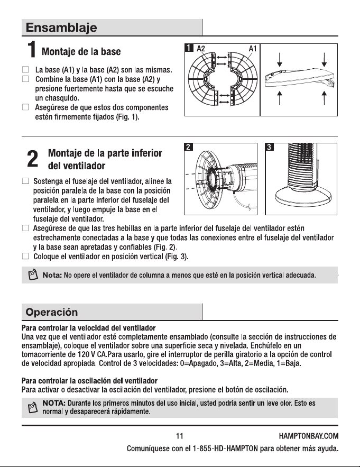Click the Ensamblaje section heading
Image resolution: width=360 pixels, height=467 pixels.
point(61,28)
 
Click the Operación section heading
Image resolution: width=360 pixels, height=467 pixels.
point(52,312)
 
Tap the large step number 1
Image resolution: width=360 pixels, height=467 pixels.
point(32,49)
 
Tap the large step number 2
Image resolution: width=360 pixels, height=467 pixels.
point(32,159)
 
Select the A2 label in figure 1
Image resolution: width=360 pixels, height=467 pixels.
point(201,48)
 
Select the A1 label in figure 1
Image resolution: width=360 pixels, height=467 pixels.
point(253,48)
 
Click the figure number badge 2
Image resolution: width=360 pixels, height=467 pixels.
point(188,147)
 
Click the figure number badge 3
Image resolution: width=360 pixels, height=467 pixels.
point(269,147)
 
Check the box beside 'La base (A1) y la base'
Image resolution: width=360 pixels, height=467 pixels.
point(25,69)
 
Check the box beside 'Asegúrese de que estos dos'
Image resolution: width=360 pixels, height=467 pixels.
point(25,107)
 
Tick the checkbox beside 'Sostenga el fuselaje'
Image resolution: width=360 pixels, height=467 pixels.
point(25,181)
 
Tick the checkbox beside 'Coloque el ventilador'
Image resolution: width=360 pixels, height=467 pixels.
point(25,256)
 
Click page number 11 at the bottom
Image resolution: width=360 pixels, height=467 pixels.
point(180,436)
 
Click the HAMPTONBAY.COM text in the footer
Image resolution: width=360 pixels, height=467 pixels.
point(309,436)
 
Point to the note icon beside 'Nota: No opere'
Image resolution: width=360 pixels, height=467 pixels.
point(33,274)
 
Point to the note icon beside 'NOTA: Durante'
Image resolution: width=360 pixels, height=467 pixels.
point(33,407)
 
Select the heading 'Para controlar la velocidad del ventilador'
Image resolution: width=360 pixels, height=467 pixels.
point(89,328)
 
